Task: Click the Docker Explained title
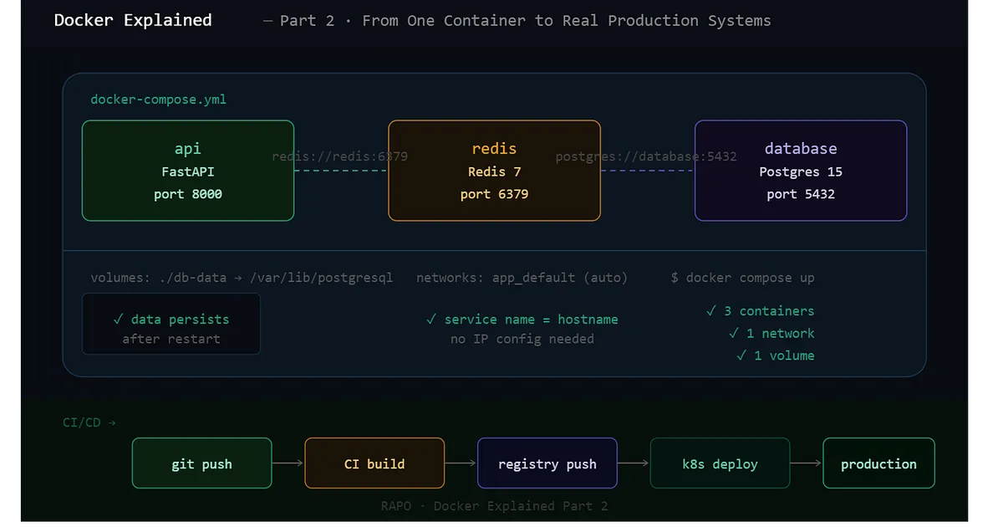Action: click(133, 20)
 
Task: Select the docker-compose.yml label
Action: click(158, 100)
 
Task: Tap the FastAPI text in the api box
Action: click(187, 171)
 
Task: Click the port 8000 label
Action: click(187, 194)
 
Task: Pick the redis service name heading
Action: click(494, 149)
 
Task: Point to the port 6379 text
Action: click(494, 194)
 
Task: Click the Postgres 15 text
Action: click(800, 171)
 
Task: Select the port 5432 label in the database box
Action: click(800, 194)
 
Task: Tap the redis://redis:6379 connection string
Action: click(339, 156)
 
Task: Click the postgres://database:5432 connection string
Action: click(646, 156)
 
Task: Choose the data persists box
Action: click(171, 324)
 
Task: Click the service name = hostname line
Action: click(522, 320)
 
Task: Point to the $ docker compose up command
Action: click(742, 278)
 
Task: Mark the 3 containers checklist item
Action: click(760, 311)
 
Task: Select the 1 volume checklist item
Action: click(775, 356)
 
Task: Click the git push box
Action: click(201, 463)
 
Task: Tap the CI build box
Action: click(374, 463)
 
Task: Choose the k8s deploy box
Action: click(720, 463)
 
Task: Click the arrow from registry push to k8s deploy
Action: click(634, 463)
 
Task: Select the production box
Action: click(878, 463)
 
